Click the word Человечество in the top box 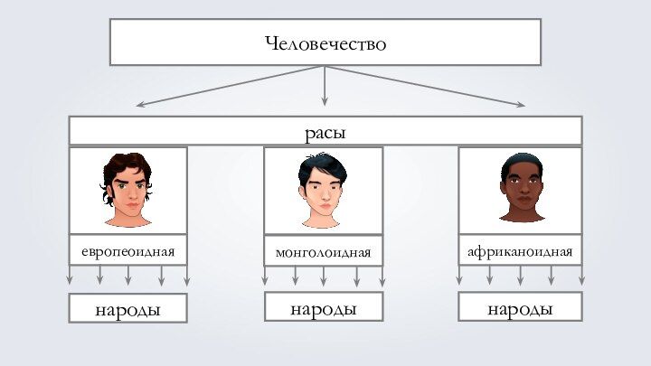pyautogui.click(x=325, y=42)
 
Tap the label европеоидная pyautogui.click(x=127, y=249)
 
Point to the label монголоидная pyautogui.click(x=324, y=250)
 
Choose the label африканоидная pyautogui.click(x=520, y=249)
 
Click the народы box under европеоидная pyautogui.click(x=127, y=309)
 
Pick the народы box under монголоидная pyautogui.click(x=324, y=308)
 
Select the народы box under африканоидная pyautogui.click(x=520, y=308)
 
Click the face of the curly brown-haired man pyautogui.click(x=127, y=192)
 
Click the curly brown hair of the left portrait pyautogui.click(x=126, y=164)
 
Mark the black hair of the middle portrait pyautogui.click(x=322, y=164)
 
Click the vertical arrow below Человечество pyautogui.click(x=325, y=85)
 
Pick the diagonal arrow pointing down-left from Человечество pyautogui.click(x=226, y=87)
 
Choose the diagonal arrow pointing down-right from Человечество pyautogui.click(x=425, y=87)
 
